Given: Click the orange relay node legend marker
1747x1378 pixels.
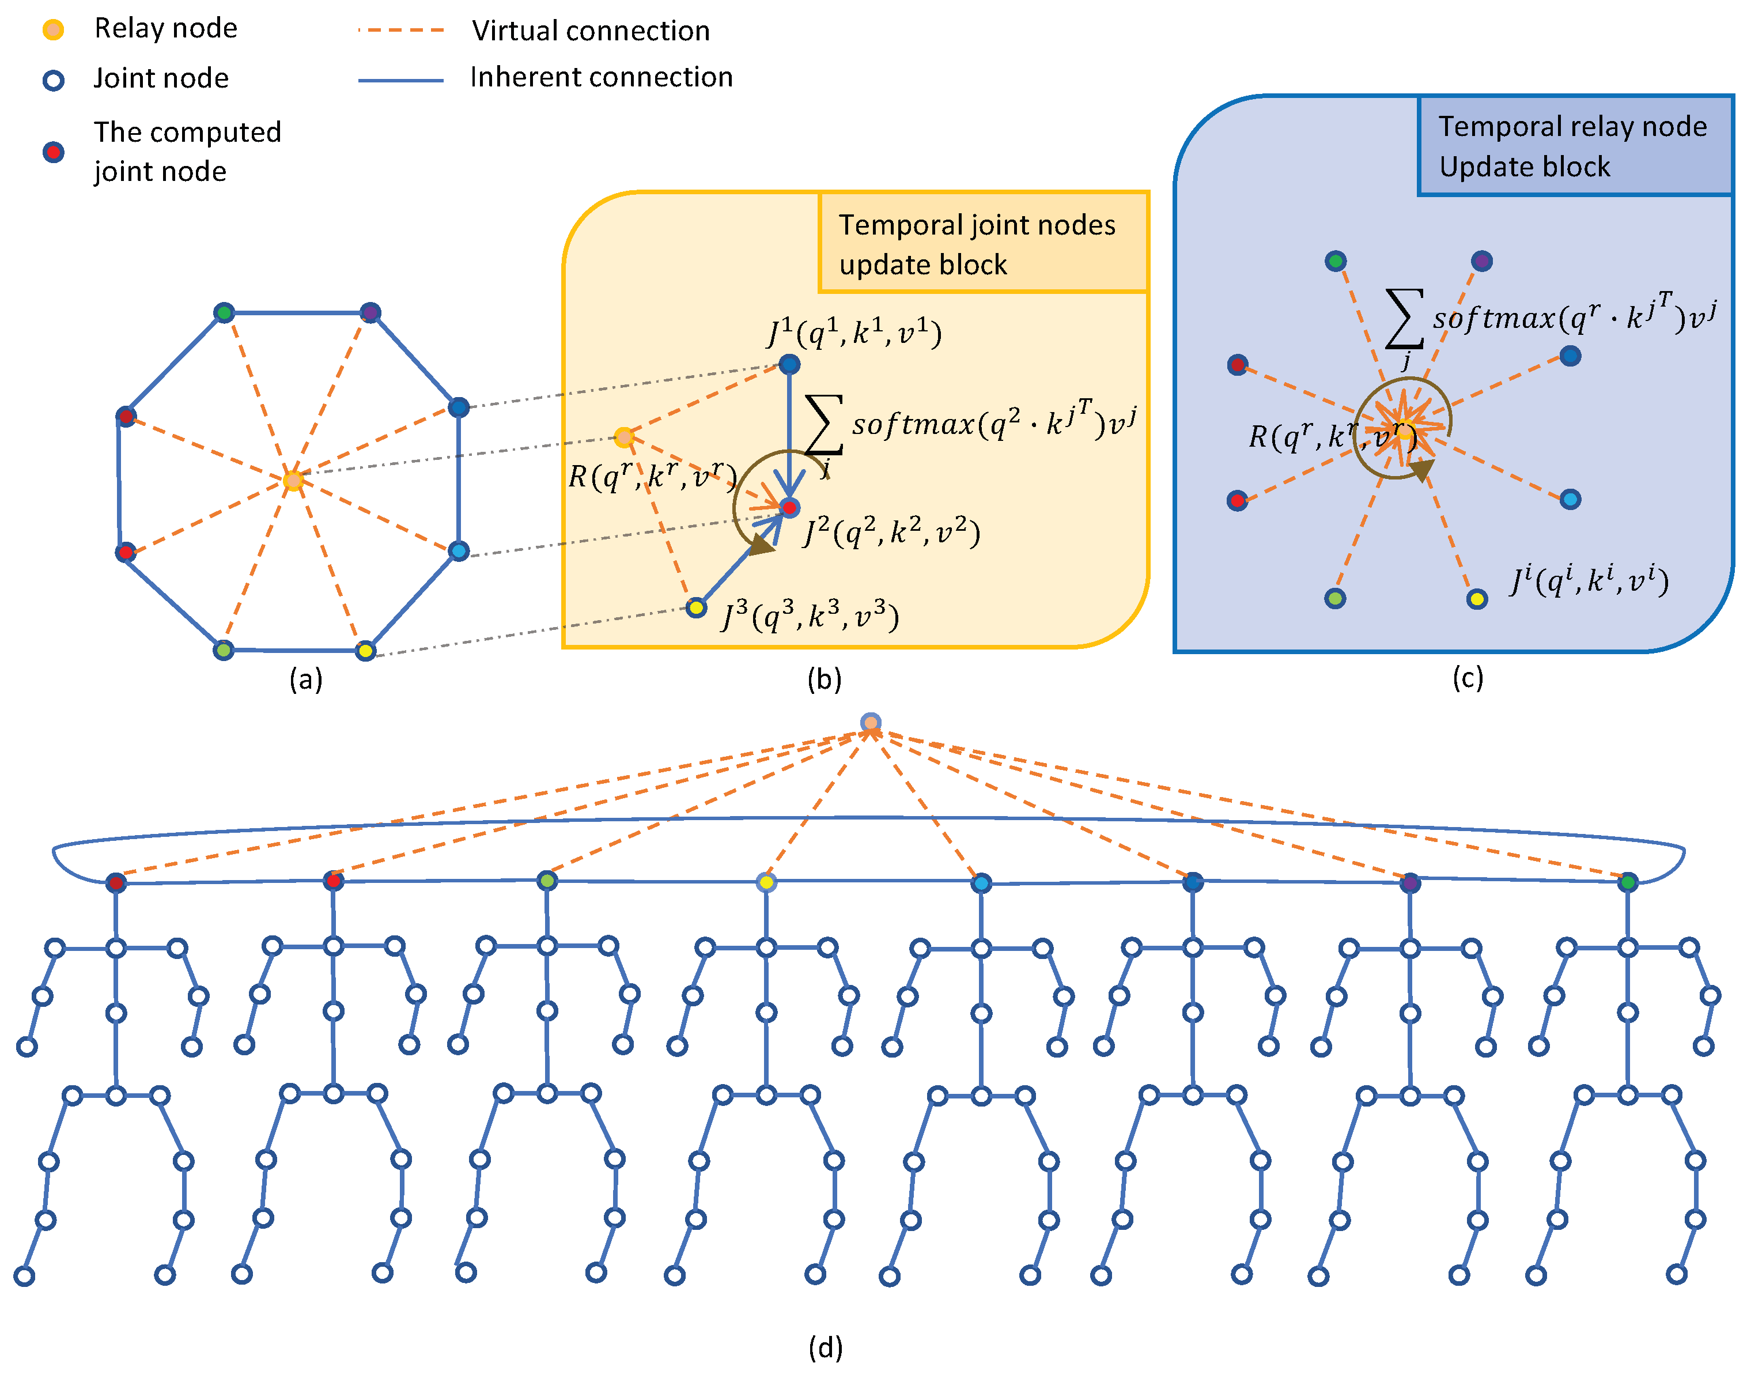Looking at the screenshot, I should [x=53, y=30].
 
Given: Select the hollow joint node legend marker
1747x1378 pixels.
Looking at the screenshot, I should [x=53, y=80].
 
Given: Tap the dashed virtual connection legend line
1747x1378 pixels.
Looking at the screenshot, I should [x=401, y=31].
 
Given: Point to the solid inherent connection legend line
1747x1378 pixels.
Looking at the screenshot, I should [x=401, y=80].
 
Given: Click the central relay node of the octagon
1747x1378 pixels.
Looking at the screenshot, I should [x=293, y=481].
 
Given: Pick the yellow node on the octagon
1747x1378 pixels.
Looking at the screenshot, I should [x=365, y=650].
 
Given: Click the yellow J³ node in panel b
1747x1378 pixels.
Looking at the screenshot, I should [x=696, y=607].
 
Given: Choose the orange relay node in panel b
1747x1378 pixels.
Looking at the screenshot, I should [x=623, y=437].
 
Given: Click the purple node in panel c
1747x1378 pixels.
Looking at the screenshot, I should [x=1481, y=261].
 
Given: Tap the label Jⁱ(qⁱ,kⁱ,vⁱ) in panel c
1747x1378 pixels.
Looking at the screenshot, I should [x=1589, y=581].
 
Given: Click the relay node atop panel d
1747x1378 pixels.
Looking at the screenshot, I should [x=870, y=723].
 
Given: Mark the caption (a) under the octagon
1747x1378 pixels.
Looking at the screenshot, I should [x=306, y=680].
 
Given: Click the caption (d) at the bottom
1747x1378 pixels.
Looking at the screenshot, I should [x=825, y=1348].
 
